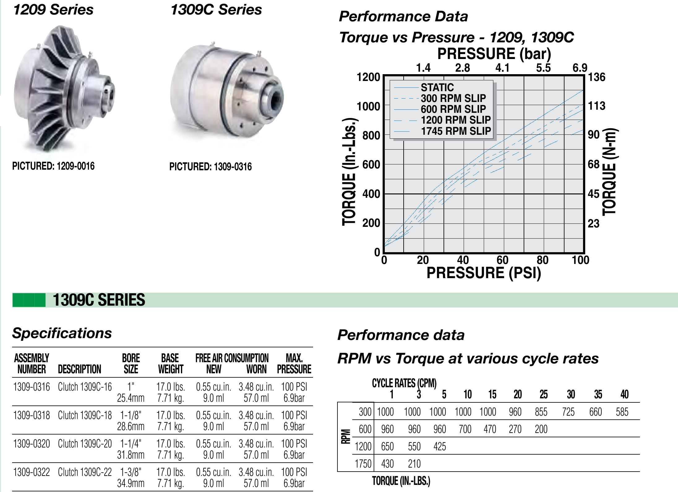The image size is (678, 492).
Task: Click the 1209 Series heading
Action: coord(53,10)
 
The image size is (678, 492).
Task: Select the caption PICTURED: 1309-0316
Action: coord(210,167)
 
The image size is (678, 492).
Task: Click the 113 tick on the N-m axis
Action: coord(597,106)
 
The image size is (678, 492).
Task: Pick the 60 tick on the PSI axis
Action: coord(502,260)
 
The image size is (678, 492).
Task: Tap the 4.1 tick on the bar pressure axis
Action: coord(502,68)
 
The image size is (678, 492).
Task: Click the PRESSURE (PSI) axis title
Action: coord(484,273)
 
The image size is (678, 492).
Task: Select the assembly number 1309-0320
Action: coord(32,444)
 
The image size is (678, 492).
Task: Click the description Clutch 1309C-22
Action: coord(85,472)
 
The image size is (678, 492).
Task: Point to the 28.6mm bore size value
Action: coord(131,426)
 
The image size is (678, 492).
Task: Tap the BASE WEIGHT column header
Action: coord(170,363)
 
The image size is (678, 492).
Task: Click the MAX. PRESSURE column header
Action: coord(294,363)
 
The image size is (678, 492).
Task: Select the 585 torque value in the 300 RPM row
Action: coord(622,412)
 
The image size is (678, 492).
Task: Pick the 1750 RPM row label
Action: coord(363,464)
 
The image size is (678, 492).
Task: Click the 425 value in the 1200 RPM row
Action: coord(440,447)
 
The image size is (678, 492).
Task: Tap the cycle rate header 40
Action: coord(624,394)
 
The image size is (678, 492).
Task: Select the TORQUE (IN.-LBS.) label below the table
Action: coord(401,481)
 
